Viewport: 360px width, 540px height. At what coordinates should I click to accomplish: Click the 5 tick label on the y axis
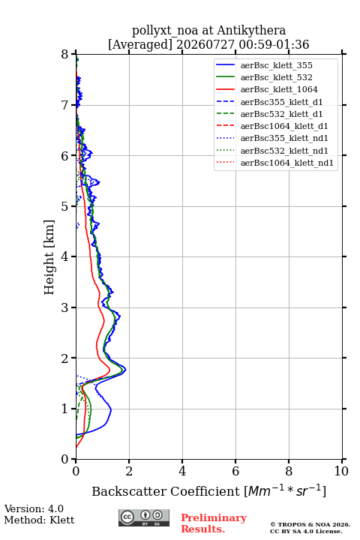(65, 206)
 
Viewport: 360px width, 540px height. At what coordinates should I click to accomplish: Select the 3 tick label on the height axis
(65, 307)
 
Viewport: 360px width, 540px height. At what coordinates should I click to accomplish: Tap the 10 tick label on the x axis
(341, 471)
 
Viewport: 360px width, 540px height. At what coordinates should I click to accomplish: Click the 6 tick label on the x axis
(235, 471)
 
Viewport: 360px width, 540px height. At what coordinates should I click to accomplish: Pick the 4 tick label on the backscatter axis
(182, 471)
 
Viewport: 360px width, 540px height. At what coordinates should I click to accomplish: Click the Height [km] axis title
(49, 257)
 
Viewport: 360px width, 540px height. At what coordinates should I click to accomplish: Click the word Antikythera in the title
(251, 30)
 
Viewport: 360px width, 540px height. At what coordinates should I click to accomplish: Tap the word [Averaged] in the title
(140, 44)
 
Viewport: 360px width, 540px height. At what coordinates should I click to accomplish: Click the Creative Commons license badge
(144, 517)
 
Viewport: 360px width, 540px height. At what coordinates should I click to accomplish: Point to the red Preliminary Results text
(214, 523)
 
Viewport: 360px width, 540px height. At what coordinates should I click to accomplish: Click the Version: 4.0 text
(34, 508)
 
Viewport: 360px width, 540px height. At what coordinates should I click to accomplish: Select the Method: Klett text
(39, 520)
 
